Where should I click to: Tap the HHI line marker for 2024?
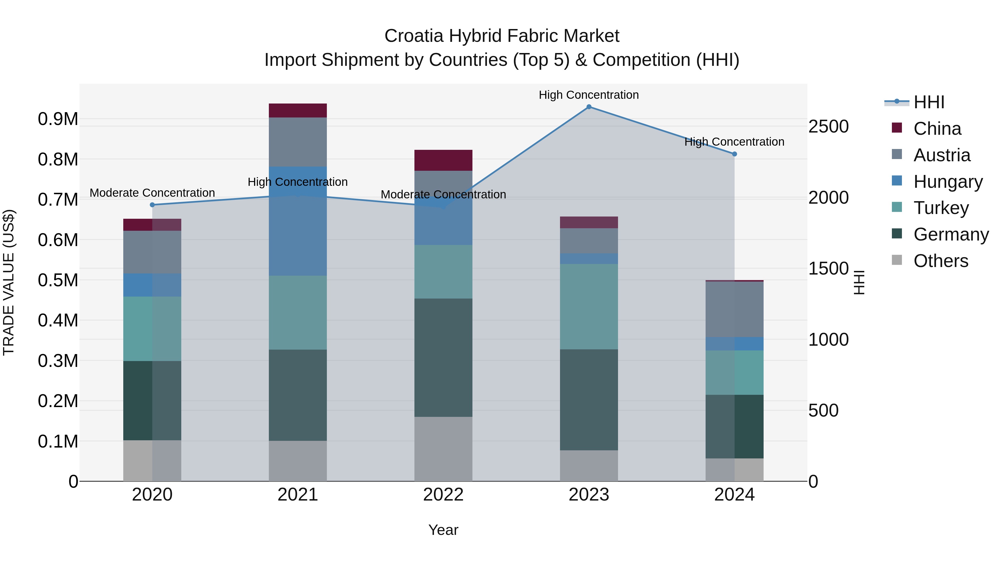tap(734, 154)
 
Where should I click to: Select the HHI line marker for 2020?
tap(152, 205)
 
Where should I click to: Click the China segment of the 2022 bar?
tap(443, 160)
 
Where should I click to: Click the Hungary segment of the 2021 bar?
tap(298, 221)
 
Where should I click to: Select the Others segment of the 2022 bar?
tap(443, 449)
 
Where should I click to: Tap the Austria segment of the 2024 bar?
tap(734, 309)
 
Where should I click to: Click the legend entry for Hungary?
tap(947, 182)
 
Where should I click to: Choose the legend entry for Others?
tap(940, 261)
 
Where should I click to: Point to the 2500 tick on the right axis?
tap(828, 126)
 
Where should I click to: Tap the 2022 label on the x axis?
tap(443, 495)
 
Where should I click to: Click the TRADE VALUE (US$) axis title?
tap(9, 282)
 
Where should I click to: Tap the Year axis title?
tap(443, 530)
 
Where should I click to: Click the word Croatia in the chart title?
tap(414, 36)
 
